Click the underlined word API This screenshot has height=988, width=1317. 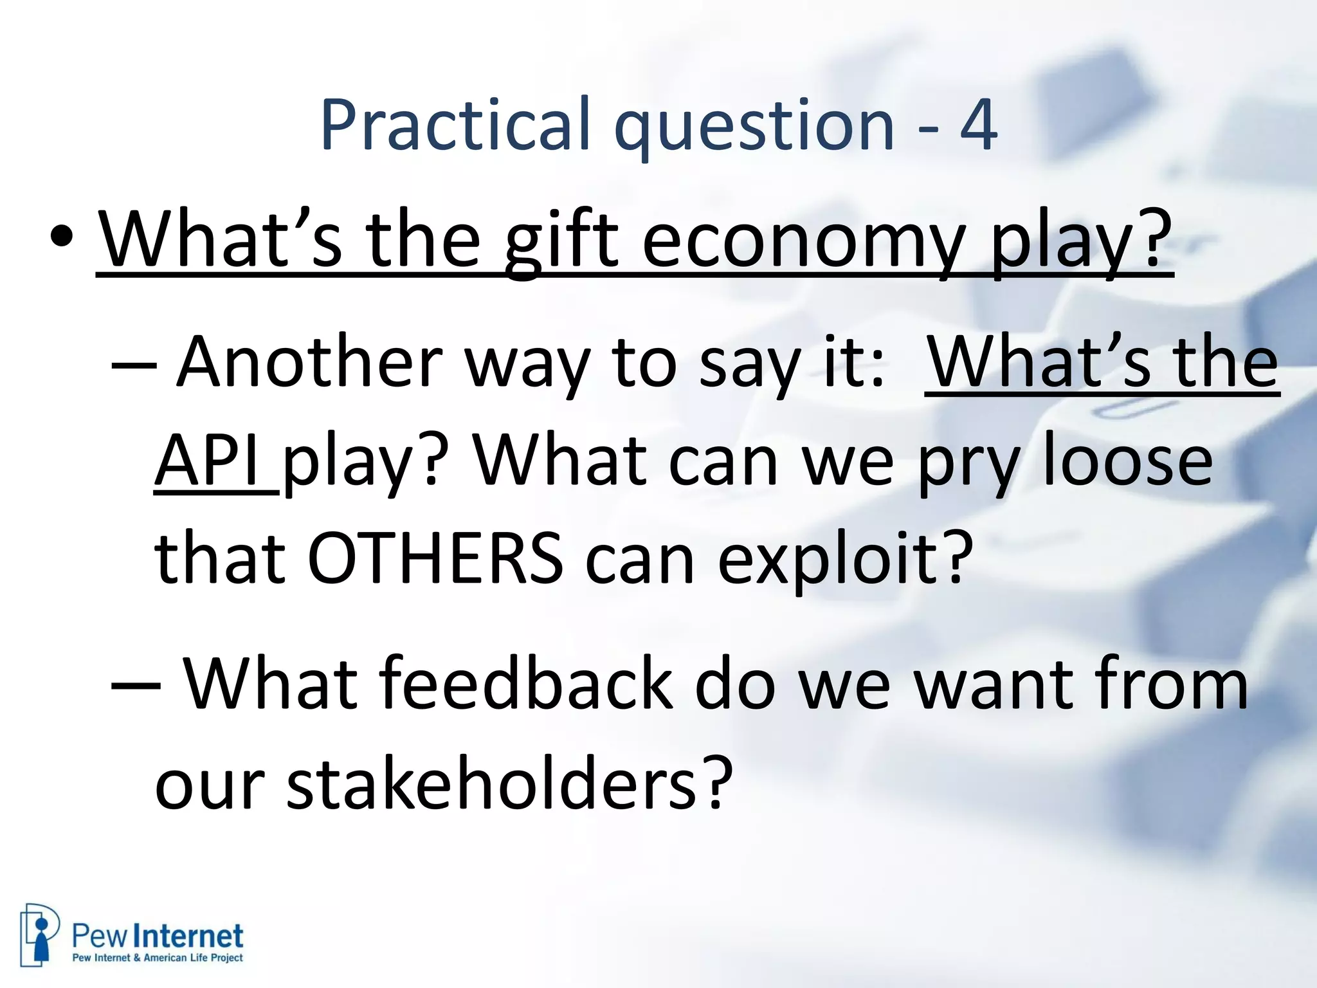[x=212, y=461]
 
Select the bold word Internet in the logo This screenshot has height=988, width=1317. [x=191, y=936]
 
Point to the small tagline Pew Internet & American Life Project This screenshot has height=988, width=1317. [x=158, y=958]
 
